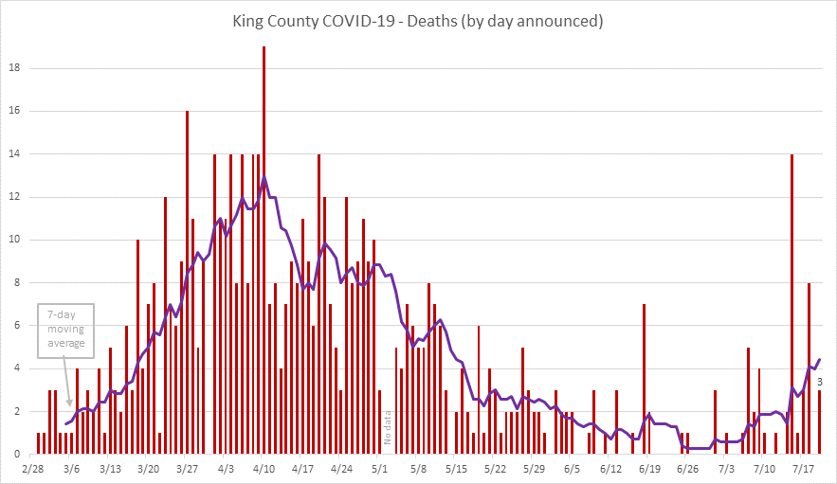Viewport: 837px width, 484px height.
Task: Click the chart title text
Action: pos(418,20)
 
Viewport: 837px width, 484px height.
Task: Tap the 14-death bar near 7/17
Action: pos(792,303)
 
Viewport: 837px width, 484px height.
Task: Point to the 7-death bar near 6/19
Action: pos(644,379)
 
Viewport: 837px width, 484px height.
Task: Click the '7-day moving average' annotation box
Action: pos(66,331)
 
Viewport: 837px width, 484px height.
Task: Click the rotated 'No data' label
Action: pos(388,427)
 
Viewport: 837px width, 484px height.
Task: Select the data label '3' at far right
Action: pos(819,381)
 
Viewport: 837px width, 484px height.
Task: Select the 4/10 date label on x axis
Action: pos(264,468)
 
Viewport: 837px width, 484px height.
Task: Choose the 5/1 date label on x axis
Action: pos(379,468)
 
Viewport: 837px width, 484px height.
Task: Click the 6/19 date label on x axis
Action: pos(649,468)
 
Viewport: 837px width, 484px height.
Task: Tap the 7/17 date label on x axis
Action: pos(804,468)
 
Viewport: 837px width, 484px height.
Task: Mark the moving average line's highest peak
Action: pos(264,176)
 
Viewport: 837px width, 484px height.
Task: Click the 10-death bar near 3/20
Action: pos(137,347)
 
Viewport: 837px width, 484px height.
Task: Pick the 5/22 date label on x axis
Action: pos(495,468)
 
